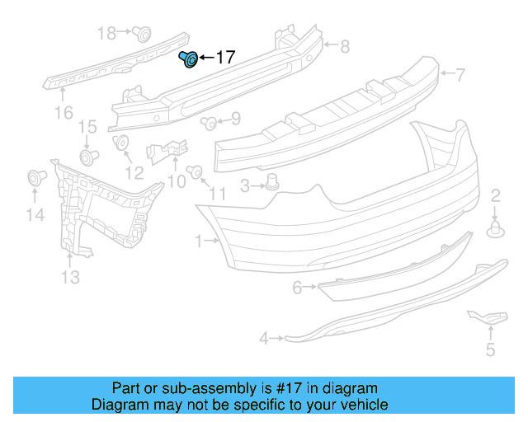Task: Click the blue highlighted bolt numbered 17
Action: click(x=188, y=59)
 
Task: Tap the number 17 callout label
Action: click(x=224, y=58)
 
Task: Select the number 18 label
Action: click(x=107, y=33)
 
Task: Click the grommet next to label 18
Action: click(x=142, y=34)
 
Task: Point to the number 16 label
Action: click(x=64, y=112)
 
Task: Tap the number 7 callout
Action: click(x=460, y=74)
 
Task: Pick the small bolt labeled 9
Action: click(x=209, y=124)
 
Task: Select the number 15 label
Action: click(x=87, y=127)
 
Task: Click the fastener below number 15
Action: click(x=87, y=156)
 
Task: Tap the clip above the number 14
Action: click(x=35, y=177)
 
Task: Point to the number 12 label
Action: click(x=134, y=173)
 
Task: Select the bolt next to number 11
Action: click(x=196, y=171)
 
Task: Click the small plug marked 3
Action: click(x=272, y=183)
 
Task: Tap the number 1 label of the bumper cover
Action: click(x=199, y=241)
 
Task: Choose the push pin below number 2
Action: click(x=495, y=228)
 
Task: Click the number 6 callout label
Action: click(x=298, y=288)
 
